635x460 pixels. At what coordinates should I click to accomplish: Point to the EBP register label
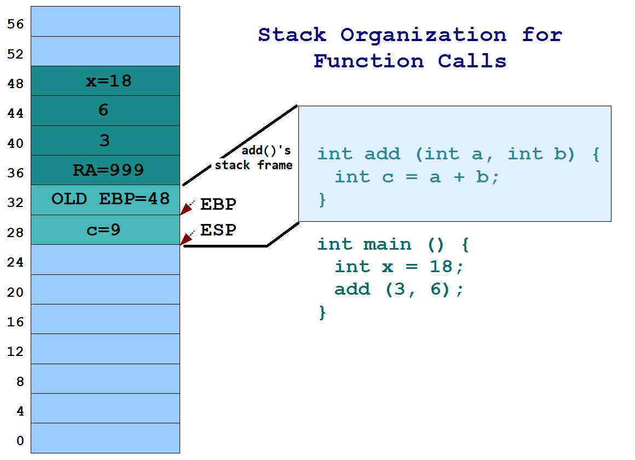(x=218, y=205)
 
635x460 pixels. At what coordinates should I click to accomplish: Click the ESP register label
(x=218, y=230)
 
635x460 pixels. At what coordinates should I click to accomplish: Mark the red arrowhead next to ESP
(x=187, y=238)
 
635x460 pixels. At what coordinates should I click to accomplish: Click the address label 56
(x=15, y=24)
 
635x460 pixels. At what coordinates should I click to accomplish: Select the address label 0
(x=20, y=441)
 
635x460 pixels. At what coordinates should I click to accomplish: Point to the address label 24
(x=15, y=262)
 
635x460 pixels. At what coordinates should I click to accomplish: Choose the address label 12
(x=15, y=352)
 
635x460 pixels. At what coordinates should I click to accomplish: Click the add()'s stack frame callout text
(x=254, y=158)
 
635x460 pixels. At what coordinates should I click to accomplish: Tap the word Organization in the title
(x=423, y=35)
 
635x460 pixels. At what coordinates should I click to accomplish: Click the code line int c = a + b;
(x=417, y=177)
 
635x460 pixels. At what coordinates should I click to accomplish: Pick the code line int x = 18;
(x=399, y=267)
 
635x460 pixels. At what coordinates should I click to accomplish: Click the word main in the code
(x=387, y=244)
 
